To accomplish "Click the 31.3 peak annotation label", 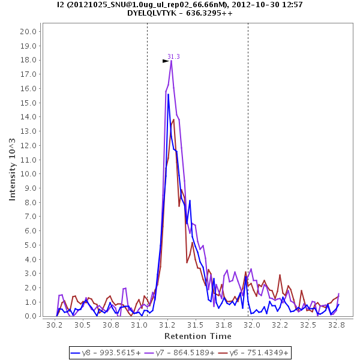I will click(x=173, y=56).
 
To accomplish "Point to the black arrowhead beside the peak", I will click(x=166, y=61).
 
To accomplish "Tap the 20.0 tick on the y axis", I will click(x=29, y=31).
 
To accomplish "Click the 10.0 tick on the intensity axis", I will click(x=29, y=174).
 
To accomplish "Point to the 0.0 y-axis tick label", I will click(x=31, y=316).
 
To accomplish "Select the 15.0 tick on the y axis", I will click(x=29, y=103).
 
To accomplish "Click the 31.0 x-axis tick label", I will click(x=139, y=325).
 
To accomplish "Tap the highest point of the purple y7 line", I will click(x=171, y=60).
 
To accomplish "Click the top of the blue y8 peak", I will click(x=169, y=94).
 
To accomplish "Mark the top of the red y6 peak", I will click(x=174, y=119).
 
